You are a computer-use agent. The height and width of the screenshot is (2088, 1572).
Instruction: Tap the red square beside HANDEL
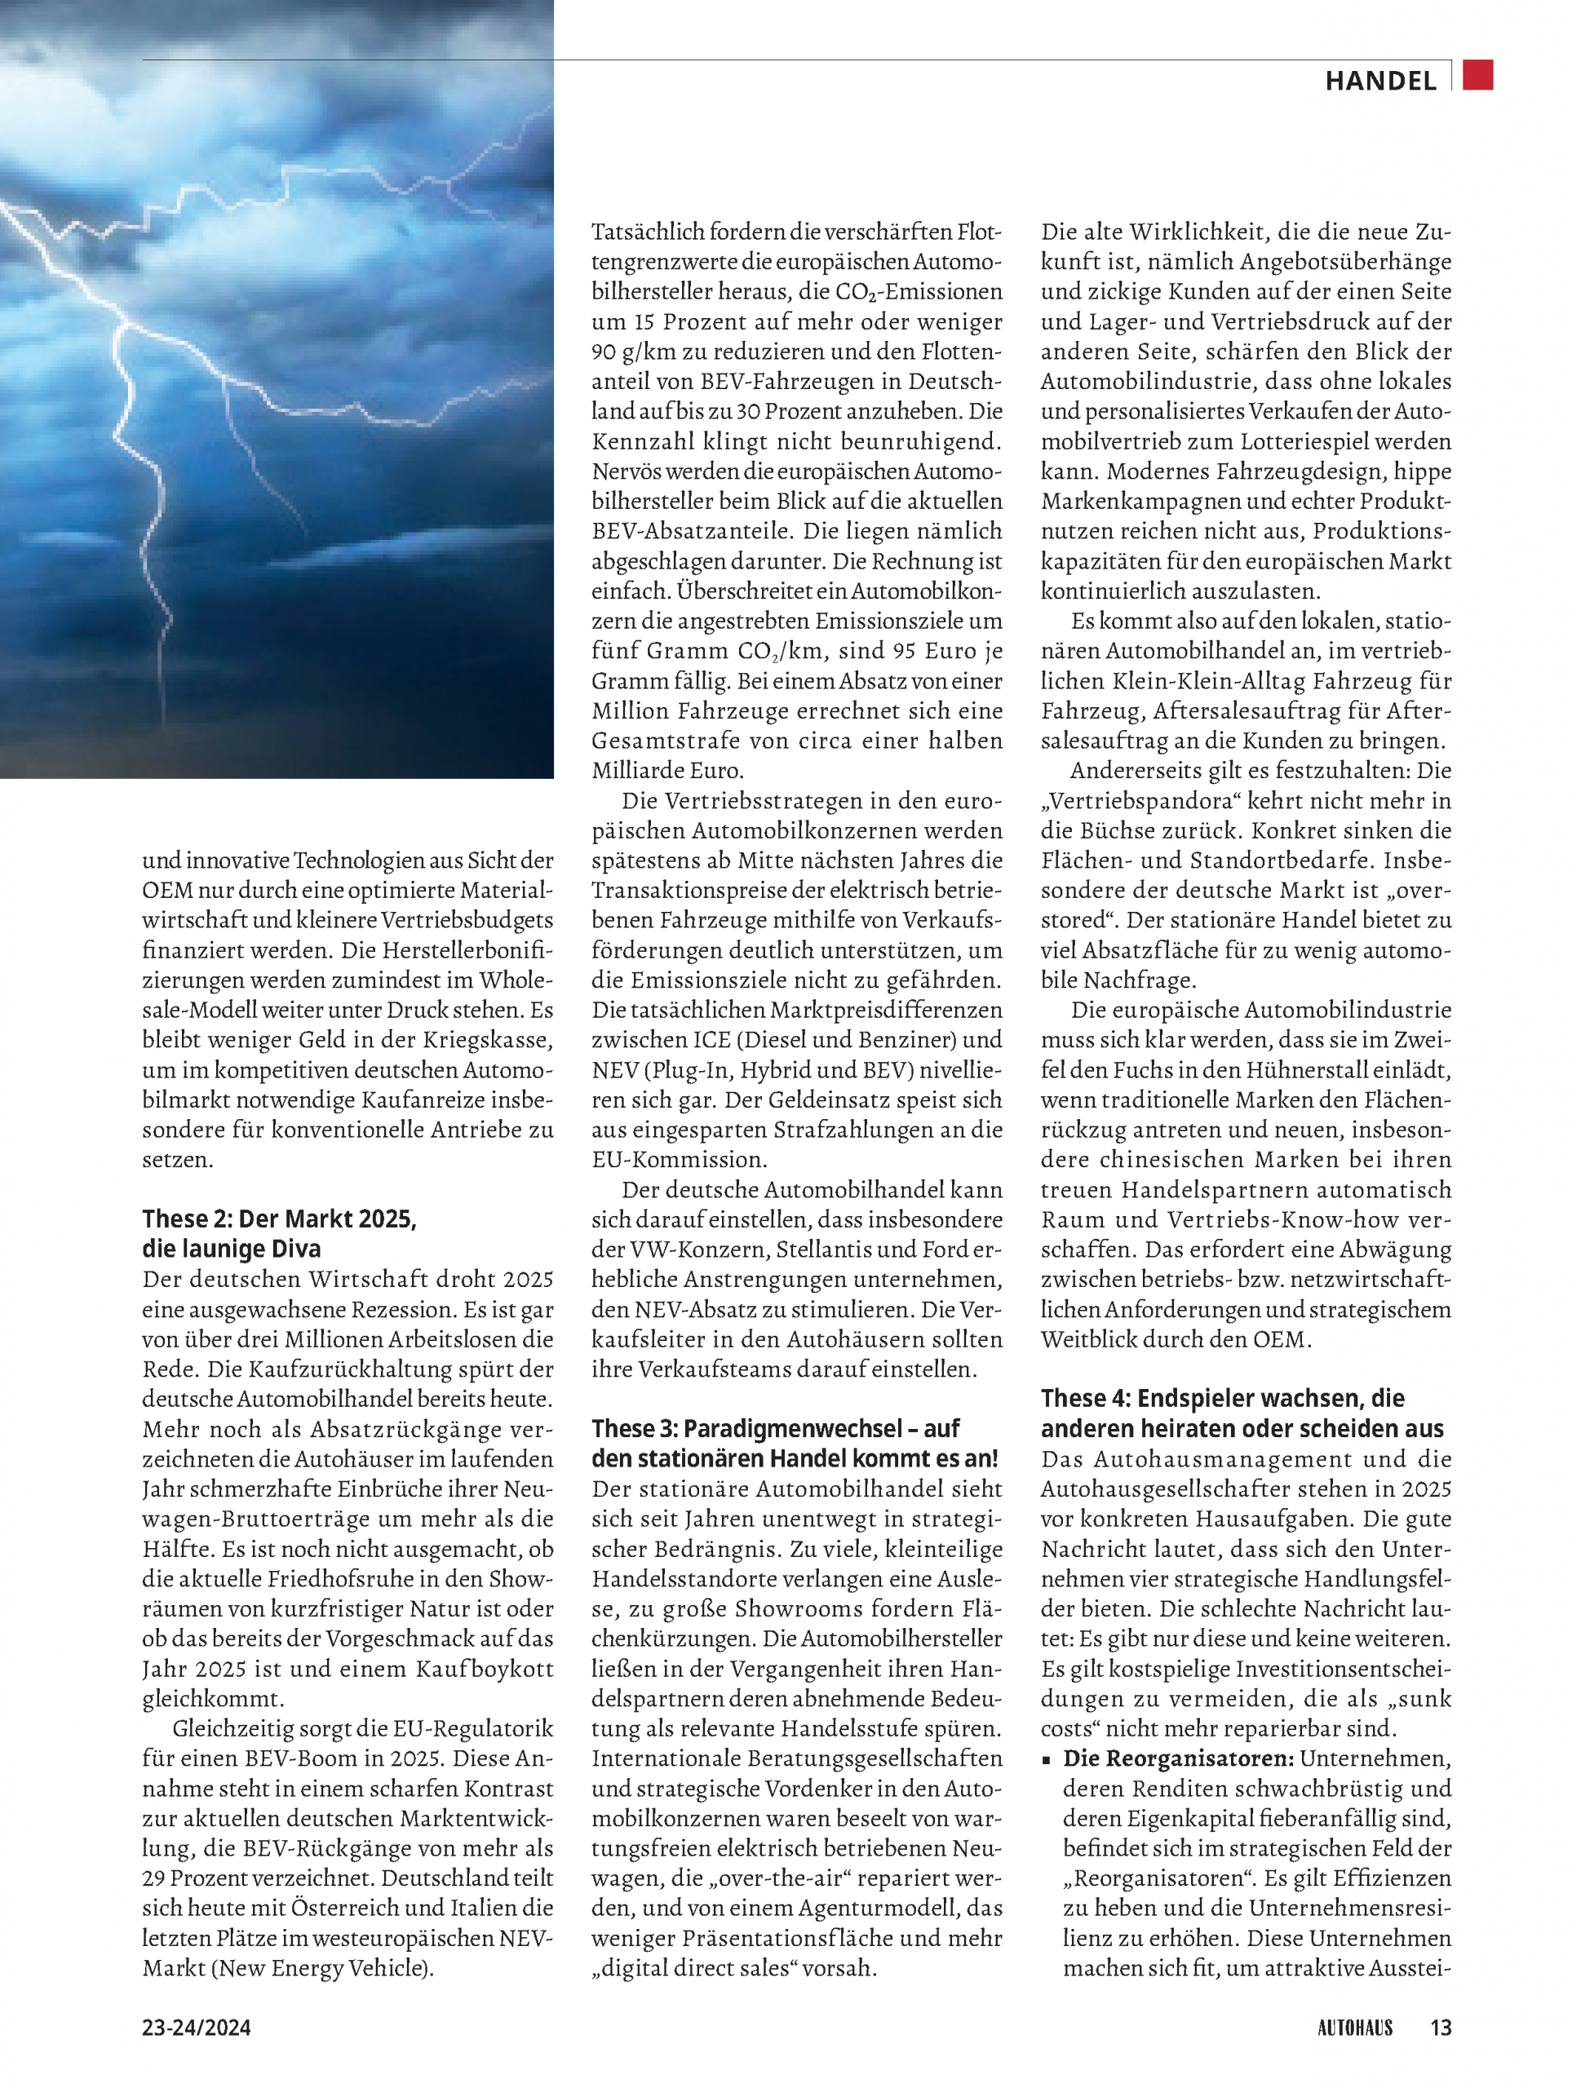coord(1477,74)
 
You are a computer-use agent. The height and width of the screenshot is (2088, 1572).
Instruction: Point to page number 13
coord(1440,2028)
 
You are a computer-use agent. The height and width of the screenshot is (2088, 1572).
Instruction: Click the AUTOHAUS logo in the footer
coord(1354,2028)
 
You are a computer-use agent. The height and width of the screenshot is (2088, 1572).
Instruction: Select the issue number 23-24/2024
coord(197,2028)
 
